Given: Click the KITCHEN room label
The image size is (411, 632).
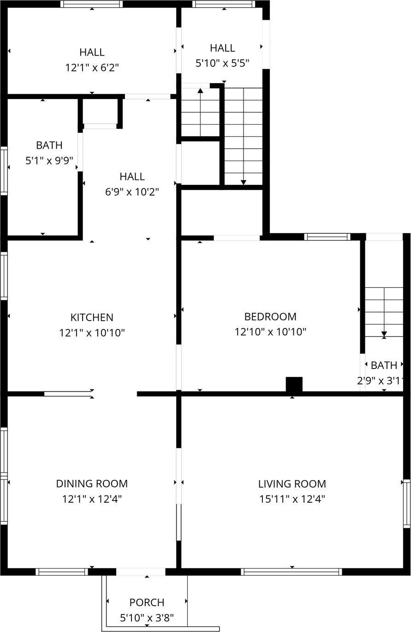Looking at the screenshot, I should (x=92, y=317).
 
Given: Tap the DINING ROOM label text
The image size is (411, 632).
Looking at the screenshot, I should (x=92, y=483).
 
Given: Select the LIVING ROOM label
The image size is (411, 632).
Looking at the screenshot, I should (x=292, y=484).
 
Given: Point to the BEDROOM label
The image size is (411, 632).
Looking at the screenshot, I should (x=270, y=316).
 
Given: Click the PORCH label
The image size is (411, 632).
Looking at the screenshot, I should (x=147, y=602).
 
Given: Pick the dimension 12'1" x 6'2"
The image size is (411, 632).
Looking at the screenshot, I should (x=92, y=67).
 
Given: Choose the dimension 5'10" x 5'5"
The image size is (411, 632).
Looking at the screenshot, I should (x=222, y=63).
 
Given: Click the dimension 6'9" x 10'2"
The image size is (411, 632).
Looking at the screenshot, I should (x=132, y=191).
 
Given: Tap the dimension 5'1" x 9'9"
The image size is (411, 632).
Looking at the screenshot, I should (x=49, y=161).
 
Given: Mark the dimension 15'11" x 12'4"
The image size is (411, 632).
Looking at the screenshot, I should (x=292, y=499).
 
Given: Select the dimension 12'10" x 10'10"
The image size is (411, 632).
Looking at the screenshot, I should (x=270, y=332).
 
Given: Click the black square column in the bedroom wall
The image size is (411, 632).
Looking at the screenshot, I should (x=294, y=384).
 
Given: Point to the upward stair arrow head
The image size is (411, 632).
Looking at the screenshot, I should (x=200, y=91).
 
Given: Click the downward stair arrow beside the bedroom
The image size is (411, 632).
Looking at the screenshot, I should (x=384, y=334).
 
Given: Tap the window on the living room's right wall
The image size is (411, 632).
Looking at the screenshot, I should (x=406, y=503).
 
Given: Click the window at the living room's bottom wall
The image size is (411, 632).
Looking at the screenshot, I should (x=292, y=572).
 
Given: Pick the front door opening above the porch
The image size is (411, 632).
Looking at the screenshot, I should (x=140, y=572).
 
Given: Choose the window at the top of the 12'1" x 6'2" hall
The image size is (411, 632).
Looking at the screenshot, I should (x=91, y=4).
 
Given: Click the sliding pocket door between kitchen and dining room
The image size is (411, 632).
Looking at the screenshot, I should (x=68, y=394).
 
